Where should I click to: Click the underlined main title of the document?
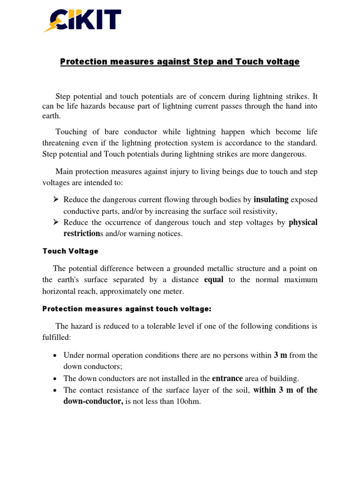(180, 62)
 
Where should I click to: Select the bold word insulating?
(271, 200)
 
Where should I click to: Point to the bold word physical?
(303, 223)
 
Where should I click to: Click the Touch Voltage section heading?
(70, 251)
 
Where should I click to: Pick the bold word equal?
(214, 280)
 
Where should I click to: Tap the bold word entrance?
(228, 378)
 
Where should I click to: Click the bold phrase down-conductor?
(93, 402)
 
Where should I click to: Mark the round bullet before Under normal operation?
(55, 356)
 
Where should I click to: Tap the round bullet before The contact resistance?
(55, 390)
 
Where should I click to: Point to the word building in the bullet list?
(285, 379)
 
